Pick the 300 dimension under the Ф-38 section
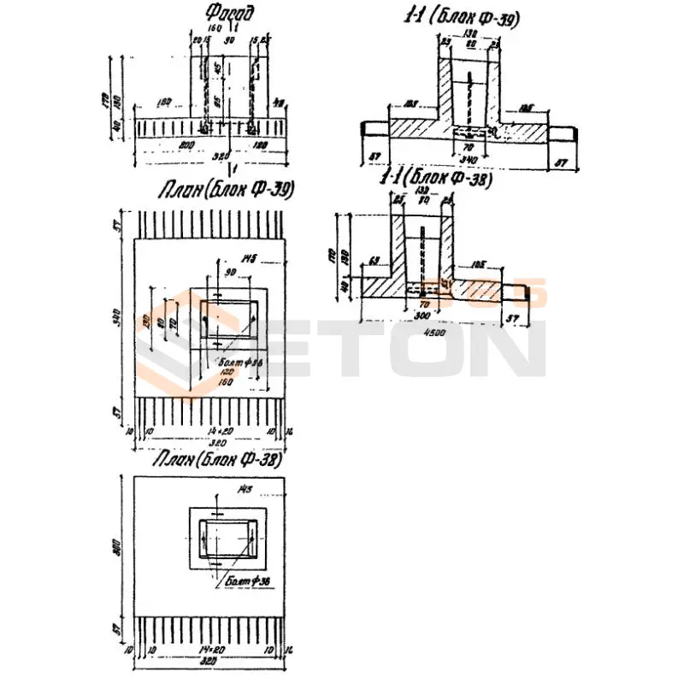[421, 315]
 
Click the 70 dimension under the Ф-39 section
[469, 147]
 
